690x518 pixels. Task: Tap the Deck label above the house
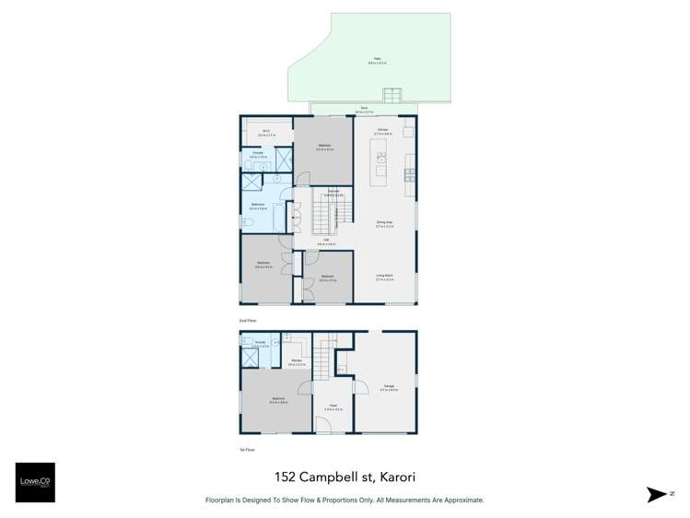point(365,110)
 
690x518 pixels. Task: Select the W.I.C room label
point(265,133)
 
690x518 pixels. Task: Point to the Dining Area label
point(385,222)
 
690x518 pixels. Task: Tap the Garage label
point(385,387)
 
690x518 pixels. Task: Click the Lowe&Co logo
point(35,481)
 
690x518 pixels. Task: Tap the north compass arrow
point(656,495)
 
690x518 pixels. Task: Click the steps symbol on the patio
point(393,94)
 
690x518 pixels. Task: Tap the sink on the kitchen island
point(380,158)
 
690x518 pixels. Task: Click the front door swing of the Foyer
point(323,425)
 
